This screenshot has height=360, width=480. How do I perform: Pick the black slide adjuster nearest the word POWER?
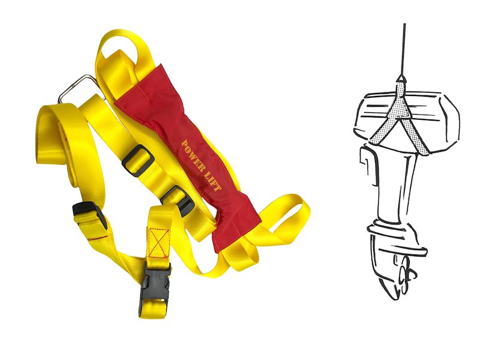(139, 161)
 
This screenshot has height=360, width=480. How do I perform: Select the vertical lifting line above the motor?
(404, 49)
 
